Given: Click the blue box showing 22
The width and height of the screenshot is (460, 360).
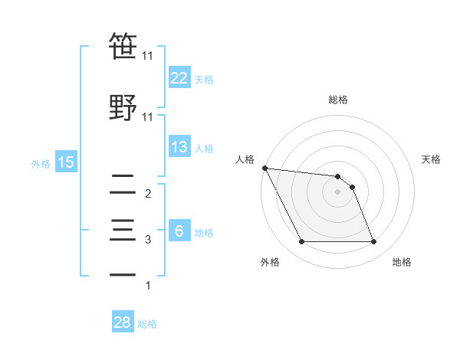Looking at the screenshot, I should tap(179, 77).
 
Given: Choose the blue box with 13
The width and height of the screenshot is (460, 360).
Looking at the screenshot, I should tap(179, 147).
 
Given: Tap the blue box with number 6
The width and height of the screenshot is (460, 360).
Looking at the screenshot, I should tap(179, 231).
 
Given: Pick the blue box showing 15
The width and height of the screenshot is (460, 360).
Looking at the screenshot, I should tap(65, 162).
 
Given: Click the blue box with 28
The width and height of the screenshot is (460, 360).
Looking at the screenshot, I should tap(123, 322).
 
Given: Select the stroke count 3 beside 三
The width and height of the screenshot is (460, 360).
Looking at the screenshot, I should tap(148, 240).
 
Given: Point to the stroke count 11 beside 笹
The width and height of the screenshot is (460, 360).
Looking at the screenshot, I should tap(148, 56).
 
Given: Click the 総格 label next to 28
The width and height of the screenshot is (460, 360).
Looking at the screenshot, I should tap(147, 324).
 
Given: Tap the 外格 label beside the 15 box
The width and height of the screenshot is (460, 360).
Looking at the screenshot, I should tap(41, 162).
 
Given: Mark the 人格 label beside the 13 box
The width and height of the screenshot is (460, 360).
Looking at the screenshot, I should tap(204, 148).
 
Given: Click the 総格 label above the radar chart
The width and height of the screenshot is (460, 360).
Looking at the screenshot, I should tap(338, 100).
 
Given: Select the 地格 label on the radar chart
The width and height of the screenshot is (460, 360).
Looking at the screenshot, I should tap(402, 262).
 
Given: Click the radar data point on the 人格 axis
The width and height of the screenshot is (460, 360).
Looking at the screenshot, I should tap(264, 168).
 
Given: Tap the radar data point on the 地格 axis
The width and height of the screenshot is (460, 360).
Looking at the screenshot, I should tap(374, 242).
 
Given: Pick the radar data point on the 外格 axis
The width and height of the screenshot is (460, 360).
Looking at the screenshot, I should tap(301, 242).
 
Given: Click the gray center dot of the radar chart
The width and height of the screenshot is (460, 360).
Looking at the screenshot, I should tap(338, 191).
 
